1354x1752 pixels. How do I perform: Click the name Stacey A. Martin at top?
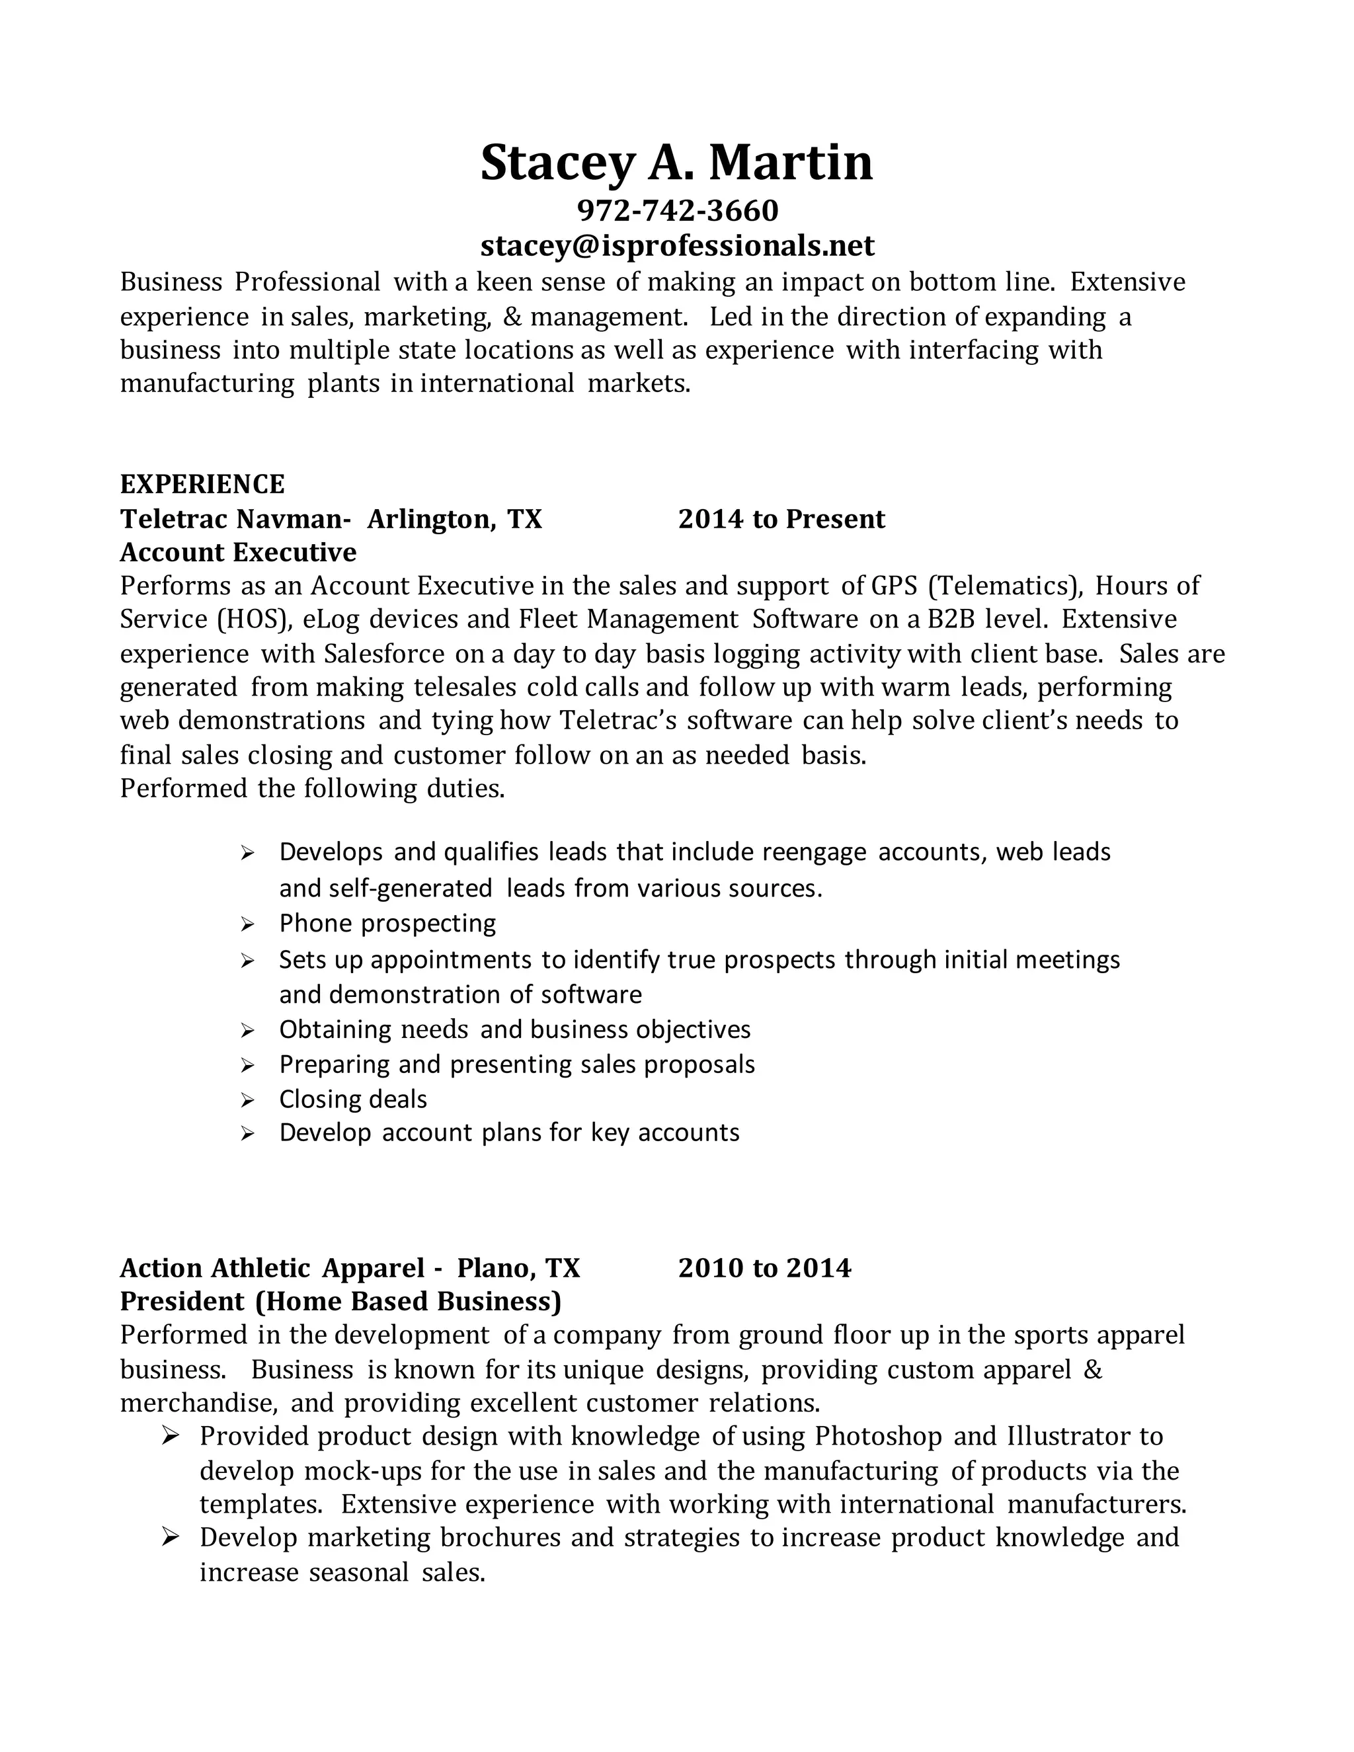click(x=676, y=162)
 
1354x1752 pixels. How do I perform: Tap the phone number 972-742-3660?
click(x=677, y=210)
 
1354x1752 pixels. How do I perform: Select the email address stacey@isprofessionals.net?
click(x=677, y=245)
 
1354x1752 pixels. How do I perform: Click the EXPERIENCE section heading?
click(x=202, y=484)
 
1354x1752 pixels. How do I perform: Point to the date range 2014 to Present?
click(x=781, y=519)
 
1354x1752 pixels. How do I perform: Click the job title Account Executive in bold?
click(x=238, y=552)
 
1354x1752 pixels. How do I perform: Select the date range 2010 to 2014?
click(x=764, y=1267)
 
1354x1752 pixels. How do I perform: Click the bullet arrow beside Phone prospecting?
click(x=247, y=925)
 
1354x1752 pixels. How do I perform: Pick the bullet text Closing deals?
click(x=353, y=1098)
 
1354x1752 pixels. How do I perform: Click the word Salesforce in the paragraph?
click(x=384, y=654)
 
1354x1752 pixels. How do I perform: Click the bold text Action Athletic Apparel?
click(x=272, y=1267)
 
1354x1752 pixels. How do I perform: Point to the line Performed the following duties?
click(x=312, y=788)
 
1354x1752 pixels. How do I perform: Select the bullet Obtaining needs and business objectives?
click(x=514, y=1029)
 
